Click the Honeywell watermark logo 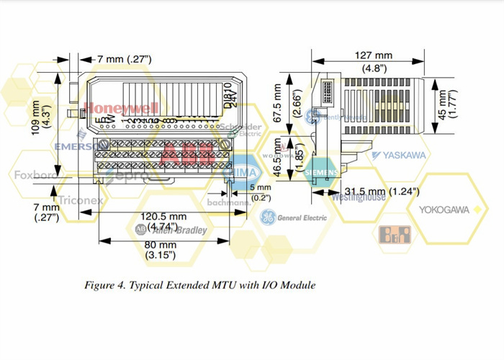120,108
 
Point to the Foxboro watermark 35,175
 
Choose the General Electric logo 294,217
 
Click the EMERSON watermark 78,145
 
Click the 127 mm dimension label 374,55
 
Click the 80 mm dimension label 160,244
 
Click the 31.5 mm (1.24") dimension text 382,192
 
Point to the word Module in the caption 295,286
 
